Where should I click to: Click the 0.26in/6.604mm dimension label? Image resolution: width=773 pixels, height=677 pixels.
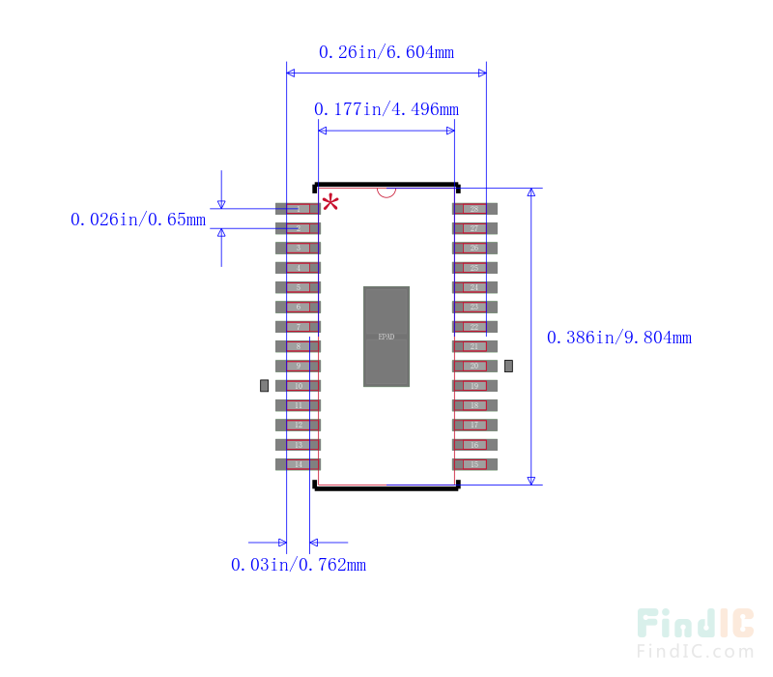pyautogui.click(x=386, y=51)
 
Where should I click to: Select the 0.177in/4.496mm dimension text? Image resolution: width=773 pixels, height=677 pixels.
pyautogui.click(x=386, y=108)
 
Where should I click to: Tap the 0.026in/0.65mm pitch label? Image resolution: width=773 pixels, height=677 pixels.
pyautogui.click(x=137, y=220)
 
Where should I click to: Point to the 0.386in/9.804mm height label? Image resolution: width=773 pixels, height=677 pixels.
pyautogui.click(x=618, y=338)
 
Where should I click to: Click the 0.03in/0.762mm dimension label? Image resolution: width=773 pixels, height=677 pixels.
pyautogui.click(x=298, y=564)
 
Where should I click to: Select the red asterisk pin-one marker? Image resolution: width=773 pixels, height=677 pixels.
pyautogui.click(x=330, y=202)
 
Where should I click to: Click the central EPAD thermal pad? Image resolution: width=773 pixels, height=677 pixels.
pyautogui.click(x=386, y=337)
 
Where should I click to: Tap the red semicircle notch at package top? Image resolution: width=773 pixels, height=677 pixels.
pyautogui.click(x=386, y=191)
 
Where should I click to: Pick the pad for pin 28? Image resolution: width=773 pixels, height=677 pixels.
pyautogui.click(x=474, y=209)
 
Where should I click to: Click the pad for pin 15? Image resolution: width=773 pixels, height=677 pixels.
pyautogui.click(x=474, y=464)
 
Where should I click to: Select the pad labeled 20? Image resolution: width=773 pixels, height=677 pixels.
pyautogui.click(x=474, y=366)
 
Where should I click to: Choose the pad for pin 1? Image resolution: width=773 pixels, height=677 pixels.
pyautogui.click(x=298, y=209)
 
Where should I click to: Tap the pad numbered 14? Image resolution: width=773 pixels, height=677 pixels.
pyautogui.click(x=298, y=464)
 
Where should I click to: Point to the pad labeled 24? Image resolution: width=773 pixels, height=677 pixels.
pyautogui.click(x=474, y=287)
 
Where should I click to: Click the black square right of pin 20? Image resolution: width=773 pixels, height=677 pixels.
pyautogui.click(x=508, y=366)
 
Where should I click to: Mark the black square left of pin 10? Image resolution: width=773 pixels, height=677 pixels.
pyautogui.click(x=265, y=386)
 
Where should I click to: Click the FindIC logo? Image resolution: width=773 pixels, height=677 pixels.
pyautogui.click(x=695, y=624)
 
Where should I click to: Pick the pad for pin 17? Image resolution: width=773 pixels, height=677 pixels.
pyautogui.click(x=474, y=425)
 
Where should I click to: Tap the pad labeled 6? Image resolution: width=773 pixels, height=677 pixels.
pyautogui.click(x=298, y=307)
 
